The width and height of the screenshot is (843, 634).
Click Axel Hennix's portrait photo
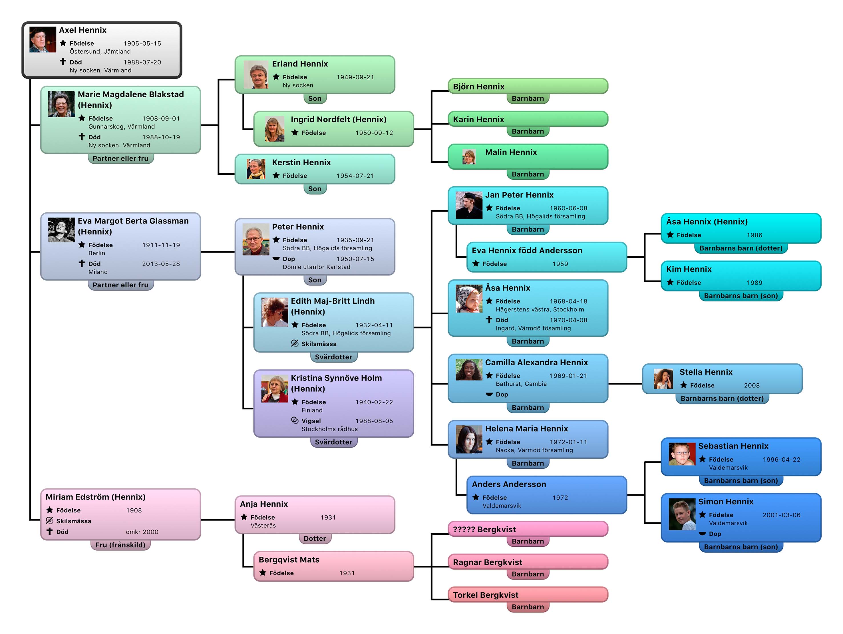coord(43,40)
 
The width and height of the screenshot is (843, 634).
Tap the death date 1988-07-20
coord(142,62)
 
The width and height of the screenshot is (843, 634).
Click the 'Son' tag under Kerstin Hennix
coord(315,189)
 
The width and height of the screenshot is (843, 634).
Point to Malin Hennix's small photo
coord(469,157)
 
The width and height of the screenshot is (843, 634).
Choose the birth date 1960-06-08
coord(568,208)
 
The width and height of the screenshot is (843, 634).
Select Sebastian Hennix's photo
coord(682,454)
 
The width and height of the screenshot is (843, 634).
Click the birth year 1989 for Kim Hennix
coord(754,283)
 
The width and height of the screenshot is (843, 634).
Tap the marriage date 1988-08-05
coord(374,421)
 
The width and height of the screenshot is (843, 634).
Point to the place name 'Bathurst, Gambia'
coord(521,384)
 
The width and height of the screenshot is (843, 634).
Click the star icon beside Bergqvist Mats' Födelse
coord(263,573)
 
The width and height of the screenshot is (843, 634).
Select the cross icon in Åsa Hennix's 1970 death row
coord(489,320)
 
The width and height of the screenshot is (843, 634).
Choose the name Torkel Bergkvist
coord(486,595)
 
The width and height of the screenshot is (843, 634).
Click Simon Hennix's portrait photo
coord(682,514)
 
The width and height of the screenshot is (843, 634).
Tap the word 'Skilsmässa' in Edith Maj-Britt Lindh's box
coord(319,344)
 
